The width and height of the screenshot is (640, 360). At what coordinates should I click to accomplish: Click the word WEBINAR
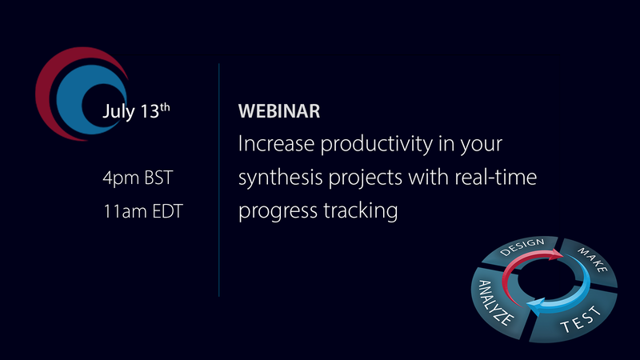[279, 112]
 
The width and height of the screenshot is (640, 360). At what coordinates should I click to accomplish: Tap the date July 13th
[136, 112]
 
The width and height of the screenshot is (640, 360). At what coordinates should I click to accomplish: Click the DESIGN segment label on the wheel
[522, 247]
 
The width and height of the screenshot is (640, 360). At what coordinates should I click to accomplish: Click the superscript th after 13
[164, 106]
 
